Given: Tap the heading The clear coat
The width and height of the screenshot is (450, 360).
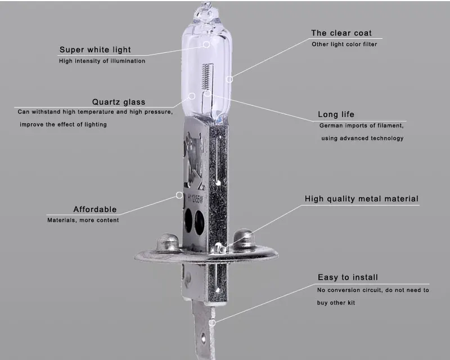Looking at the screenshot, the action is [341, 33].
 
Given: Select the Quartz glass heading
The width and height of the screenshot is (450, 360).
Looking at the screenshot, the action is [119, 102].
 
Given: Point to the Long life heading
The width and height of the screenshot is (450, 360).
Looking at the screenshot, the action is [336, 115].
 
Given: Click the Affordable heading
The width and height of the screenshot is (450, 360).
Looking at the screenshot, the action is [95, 210].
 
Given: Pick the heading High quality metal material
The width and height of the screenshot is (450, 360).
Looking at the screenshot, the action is [362, 199].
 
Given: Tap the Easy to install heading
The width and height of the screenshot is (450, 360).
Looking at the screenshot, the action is [348, 277].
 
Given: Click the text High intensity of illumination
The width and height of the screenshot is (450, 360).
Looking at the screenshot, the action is [102, 61].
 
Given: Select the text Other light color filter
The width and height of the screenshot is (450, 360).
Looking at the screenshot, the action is [344, 44].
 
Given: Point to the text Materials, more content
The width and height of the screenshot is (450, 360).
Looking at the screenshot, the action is [83, 220].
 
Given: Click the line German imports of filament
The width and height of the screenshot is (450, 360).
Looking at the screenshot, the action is [362, 126].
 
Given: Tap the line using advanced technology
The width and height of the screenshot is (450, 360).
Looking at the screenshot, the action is [362, 138].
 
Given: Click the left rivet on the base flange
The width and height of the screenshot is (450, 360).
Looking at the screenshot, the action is [168, 242].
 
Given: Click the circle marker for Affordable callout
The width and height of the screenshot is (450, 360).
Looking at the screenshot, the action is [179, 196].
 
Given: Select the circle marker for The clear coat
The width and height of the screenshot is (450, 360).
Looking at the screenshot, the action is [229, 79].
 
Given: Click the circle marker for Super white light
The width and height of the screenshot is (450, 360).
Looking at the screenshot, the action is [206, 43].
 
